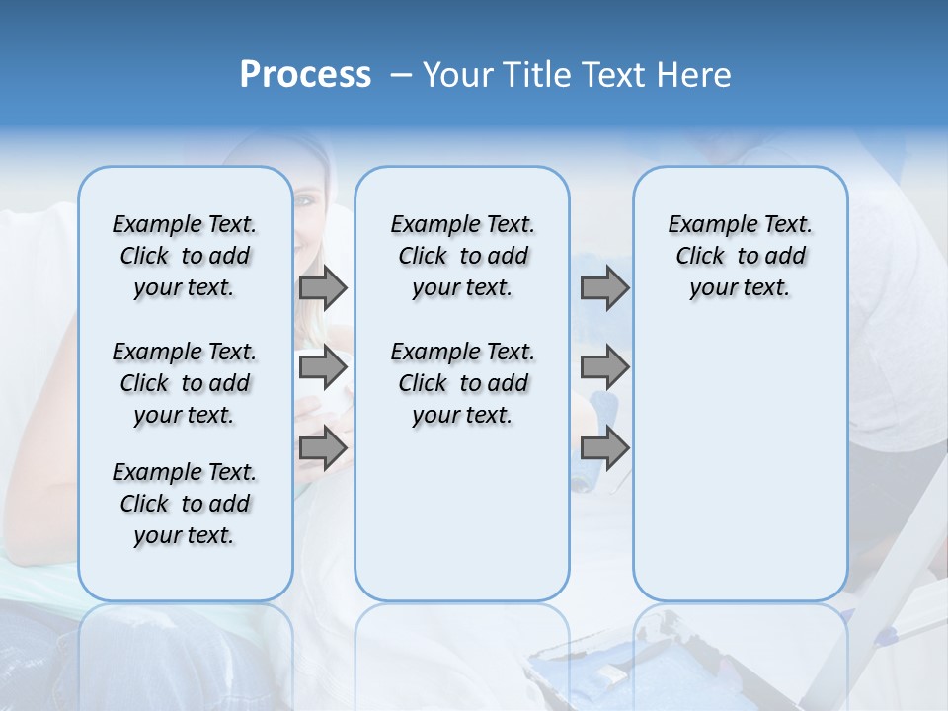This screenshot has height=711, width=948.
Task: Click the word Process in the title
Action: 305,75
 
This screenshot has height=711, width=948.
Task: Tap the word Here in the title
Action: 694,75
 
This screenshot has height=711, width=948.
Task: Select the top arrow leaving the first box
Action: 323,288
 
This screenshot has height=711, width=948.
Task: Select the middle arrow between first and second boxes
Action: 323,368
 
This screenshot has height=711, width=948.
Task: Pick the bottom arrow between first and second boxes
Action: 323,448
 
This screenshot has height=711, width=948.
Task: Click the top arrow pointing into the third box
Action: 604,288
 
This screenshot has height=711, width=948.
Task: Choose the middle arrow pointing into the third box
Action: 604,368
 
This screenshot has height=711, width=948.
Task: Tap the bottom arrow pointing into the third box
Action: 604,448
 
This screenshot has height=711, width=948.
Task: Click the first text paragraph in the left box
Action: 185,256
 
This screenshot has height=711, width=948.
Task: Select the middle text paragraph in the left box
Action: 185,383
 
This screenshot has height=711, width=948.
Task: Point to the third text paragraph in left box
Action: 185,504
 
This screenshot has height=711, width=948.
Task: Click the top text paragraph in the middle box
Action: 462,256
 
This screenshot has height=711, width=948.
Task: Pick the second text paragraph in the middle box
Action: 462,383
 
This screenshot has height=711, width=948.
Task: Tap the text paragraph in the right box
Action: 740,256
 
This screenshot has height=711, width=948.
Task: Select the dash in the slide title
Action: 400,76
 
